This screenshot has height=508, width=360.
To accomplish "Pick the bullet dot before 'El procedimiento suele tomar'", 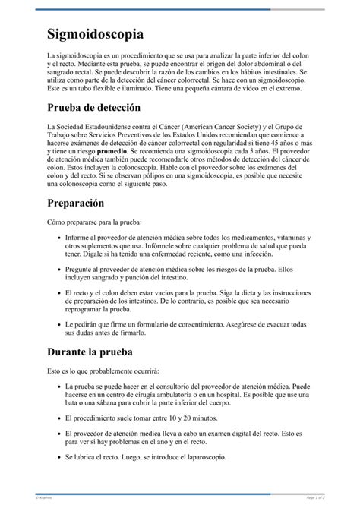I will pos(59,418).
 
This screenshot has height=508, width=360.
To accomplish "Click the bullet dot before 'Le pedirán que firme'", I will pos(59,323).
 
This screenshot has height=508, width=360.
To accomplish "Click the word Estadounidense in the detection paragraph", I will pos(125,126).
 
